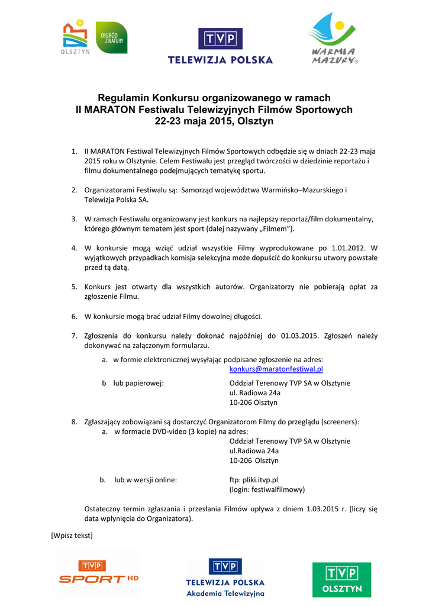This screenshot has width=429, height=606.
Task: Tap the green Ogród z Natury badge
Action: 111,37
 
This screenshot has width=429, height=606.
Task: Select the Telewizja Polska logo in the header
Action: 220,45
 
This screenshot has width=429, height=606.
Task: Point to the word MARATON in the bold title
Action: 109,109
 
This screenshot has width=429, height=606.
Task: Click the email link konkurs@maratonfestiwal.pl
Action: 276,369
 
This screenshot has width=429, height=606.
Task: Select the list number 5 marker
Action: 75,286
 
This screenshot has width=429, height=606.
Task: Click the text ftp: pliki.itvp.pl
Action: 253,479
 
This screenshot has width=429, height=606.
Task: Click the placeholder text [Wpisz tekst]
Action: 72,536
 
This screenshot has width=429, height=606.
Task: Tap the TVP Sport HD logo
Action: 99,573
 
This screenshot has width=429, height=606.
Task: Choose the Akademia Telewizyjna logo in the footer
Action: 225,578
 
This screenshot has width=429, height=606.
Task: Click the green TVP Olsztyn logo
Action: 341,579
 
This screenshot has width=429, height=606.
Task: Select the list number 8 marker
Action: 75,422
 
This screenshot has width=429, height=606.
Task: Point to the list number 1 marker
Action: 75,151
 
